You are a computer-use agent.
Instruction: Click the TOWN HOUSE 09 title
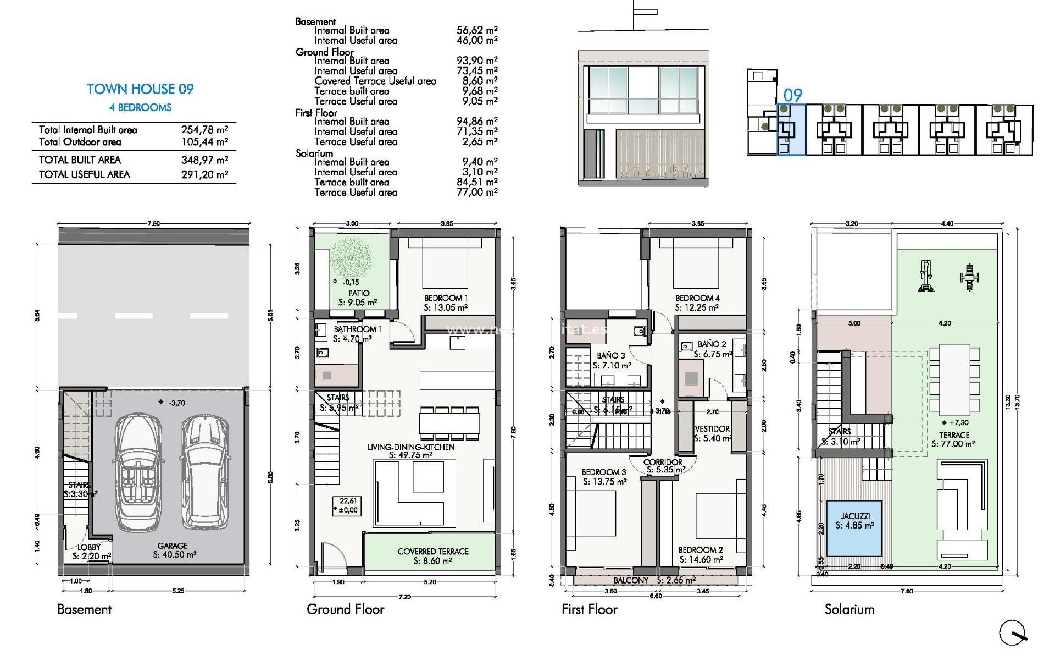coord(140,89)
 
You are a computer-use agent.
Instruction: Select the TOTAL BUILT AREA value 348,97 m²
coord(204,160)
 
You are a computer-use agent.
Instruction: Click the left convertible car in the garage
coord(138,473)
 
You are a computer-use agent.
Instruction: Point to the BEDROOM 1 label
coord(446,298)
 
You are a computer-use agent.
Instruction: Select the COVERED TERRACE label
coord(433,552)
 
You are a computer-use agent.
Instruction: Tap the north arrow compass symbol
coord(1013,633)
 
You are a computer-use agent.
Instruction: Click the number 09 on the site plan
coord(792,96)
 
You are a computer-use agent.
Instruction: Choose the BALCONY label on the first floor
coord(631,580)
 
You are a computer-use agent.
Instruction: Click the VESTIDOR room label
coord(712,429)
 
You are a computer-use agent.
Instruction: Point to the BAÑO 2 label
coord(712,344)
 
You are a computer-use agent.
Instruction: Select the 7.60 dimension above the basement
coord(154,224)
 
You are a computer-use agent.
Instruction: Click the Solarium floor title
coord(849,609)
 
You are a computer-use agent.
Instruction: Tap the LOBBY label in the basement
coord(88,547)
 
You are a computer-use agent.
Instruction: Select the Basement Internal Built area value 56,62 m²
coord(477,31)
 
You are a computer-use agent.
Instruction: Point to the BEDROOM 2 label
coord(700,550)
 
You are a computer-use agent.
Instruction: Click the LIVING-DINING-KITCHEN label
coord(411,448)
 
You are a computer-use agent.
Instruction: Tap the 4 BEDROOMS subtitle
coord(140,108)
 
